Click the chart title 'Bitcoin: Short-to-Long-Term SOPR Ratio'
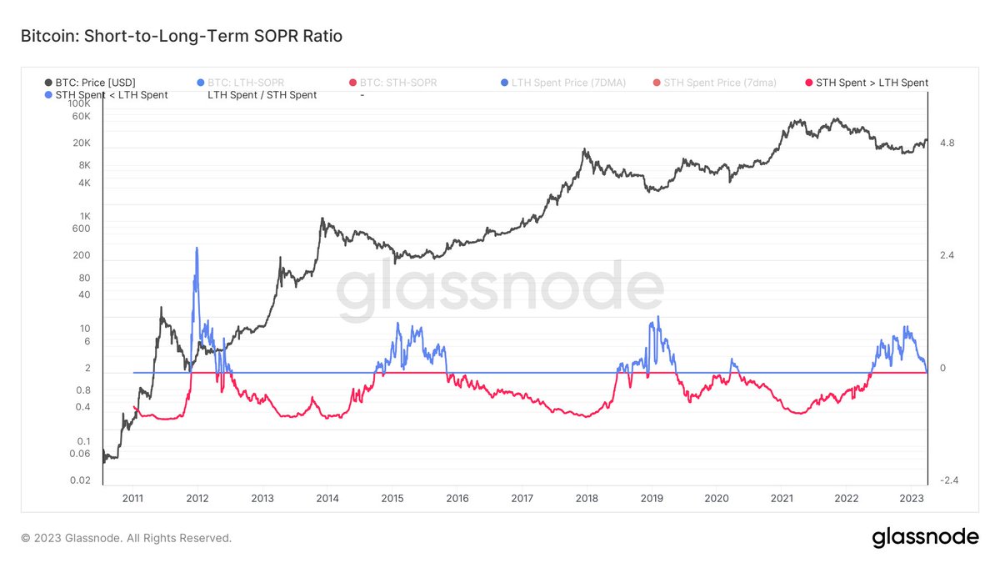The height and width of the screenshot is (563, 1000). click(181, 37)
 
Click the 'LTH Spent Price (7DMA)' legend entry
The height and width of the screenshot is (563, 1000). click(562, 83)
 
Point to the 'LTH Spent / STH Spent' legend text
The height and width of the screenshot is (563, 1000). click(262, 95)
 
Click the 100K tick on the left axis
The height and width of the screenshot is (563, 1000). click(78, 103)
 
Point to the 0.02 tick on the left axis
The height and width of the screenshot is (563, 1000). click(79, 480)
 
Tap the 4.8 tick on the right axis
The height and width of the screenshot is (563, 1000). click(947, 143)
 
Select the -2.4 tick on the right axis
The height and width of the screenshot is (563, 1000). click(948, 480)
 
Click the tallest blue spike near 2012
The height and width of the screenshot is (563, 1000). click(197, 249)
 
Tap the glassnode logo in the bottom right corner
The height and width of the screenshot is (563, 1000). click(925, 538)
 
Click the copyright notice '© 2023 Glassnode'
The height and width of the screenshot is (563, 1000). click(126, 539)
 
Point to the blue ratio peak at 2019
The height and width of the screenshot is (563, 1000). click(658, 318)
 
